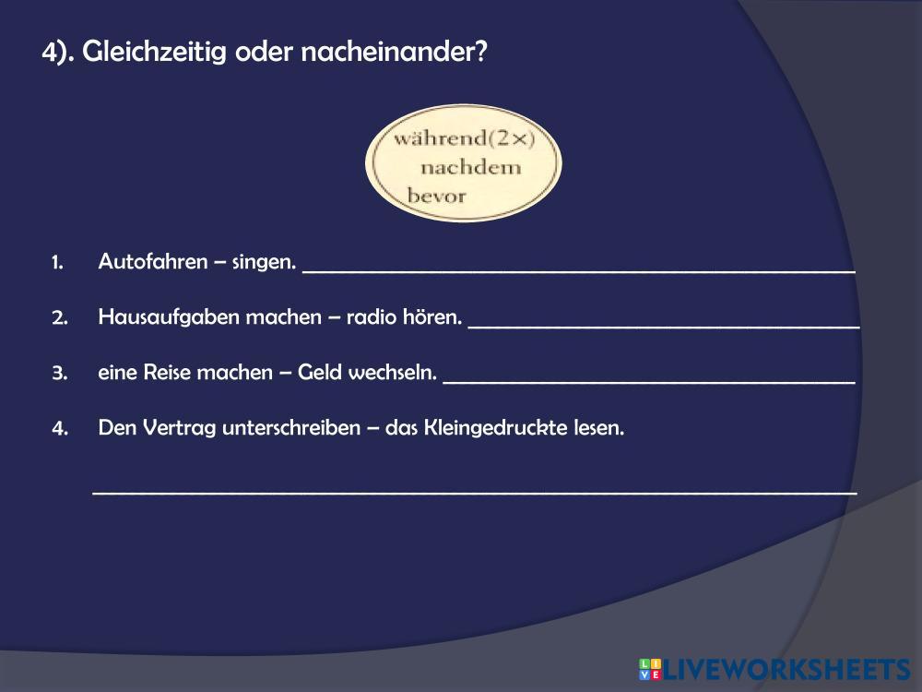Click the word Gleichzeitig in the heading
tap(154, 53)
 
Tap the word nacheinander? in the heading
tap(394, 51)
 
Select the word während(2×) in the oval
tap(465, 138)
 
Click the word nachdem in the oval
tap(471, 167)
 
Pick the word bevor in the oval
tap(436, 195)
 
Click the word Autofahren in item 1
tap(153, 261)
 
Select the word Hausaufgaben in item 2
tap(169, 317)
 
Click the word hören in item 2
tap(432, 316)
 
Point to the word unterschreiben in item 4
tap(291, 428)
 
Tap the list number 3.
tap(59, 373)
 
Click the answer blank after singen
tap(579, 271)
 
